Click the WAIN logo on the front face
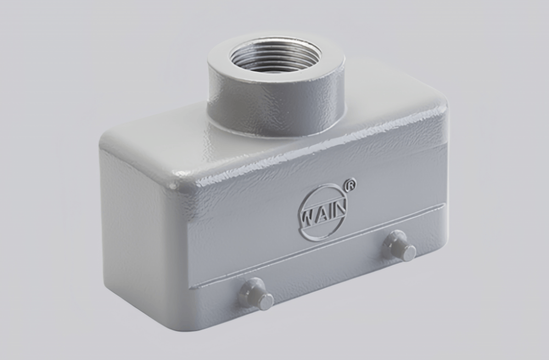tap(324, 212)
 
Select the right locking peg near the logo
tap(399, 245)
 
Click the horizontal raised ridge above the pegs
tap(307, 253)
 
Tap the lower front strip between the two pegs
tap(329, 274)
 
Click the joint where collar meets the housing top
tap(274, 134)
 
